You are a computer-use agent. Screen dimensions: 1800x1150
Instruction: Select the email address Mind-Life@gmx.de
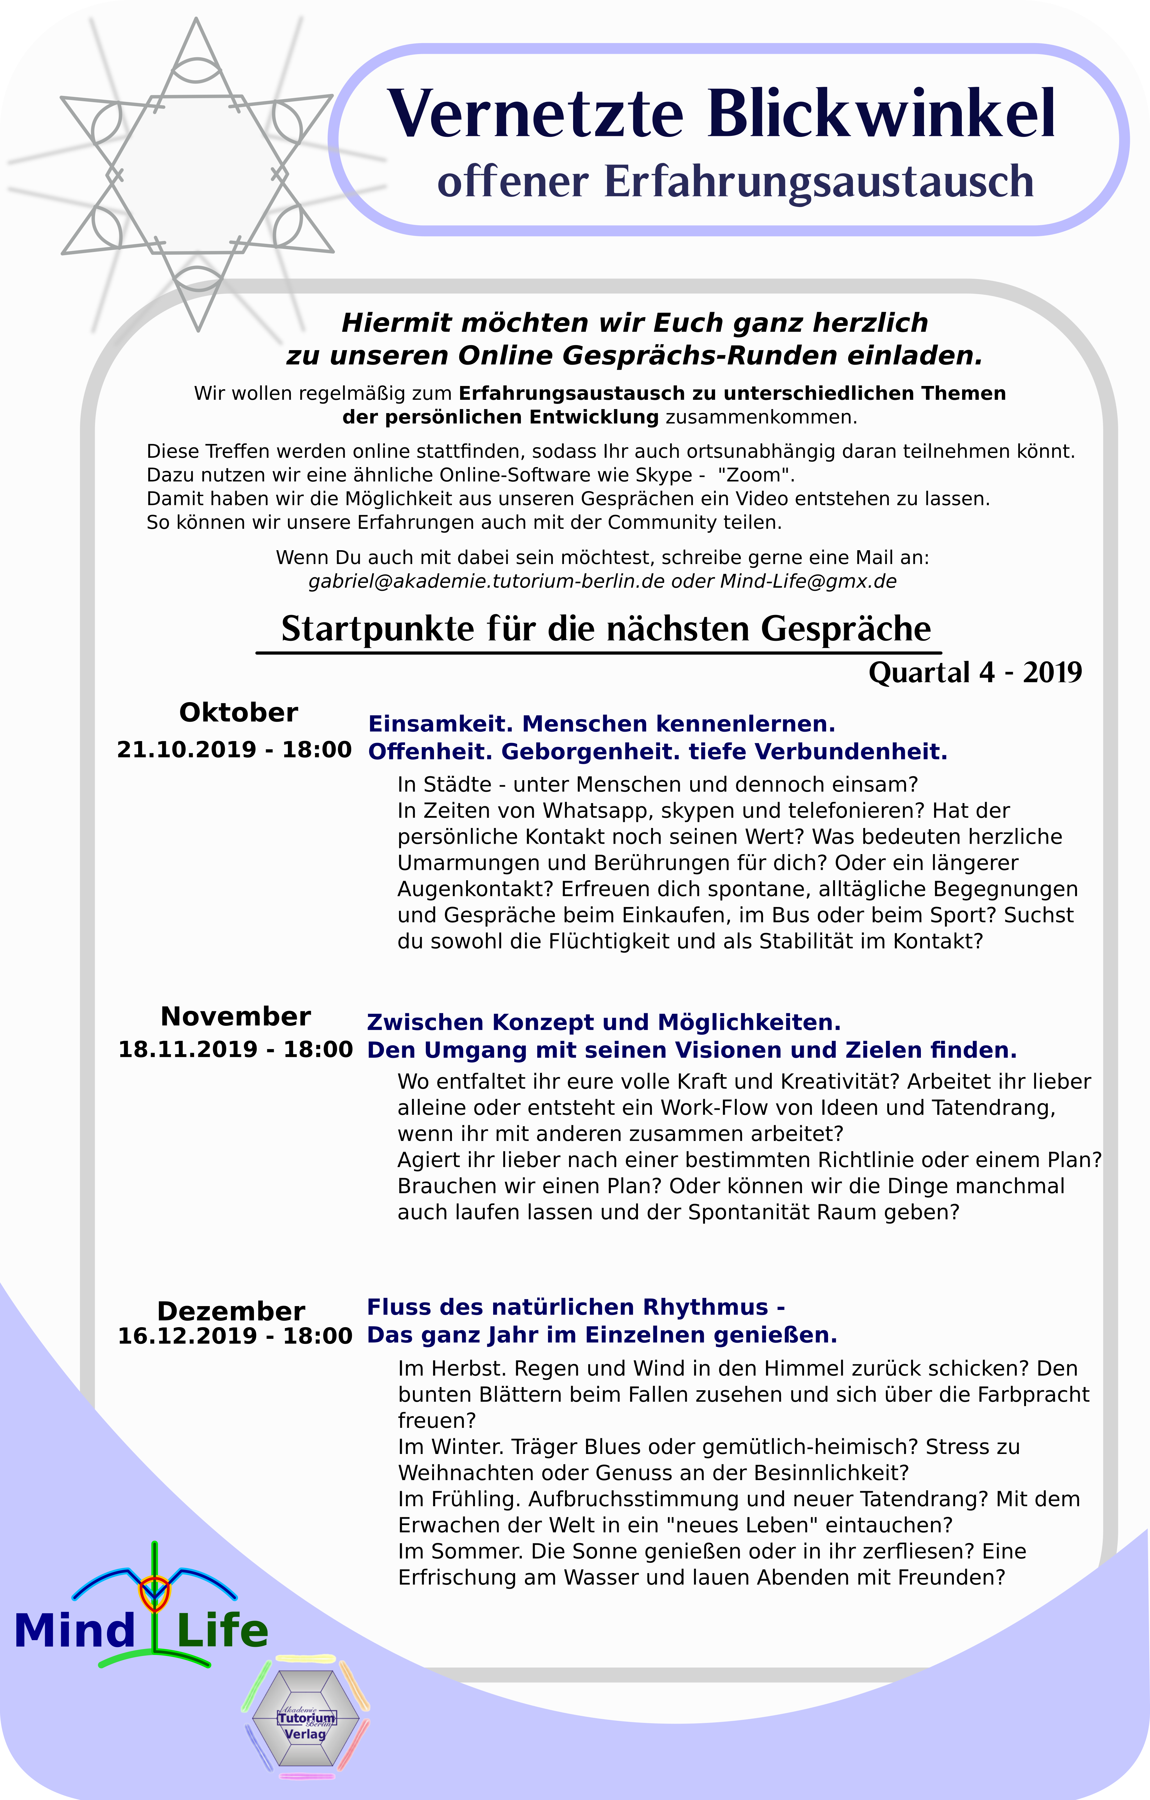[x=808, y=582]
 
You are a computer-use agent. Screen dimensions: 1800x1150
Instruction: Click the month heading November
[x=235, y=1017]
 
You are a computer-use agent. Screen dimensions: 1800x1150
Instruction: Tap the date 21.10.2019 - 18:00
[x=234, y=750]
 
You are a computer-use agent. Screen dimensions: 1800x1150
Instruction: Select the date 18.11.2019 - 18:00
[x=235, y=1049]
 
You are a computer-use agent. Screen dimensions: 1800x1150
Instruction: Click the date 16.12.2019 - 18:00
[x=235, y=1336]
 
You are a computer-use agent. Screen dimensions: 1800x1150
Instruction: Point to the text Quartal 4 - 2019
[x=975, y=673]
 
